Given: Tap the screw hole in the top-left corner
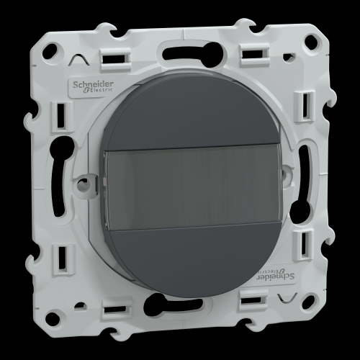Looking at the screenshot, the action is click(x=53, y=49).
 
